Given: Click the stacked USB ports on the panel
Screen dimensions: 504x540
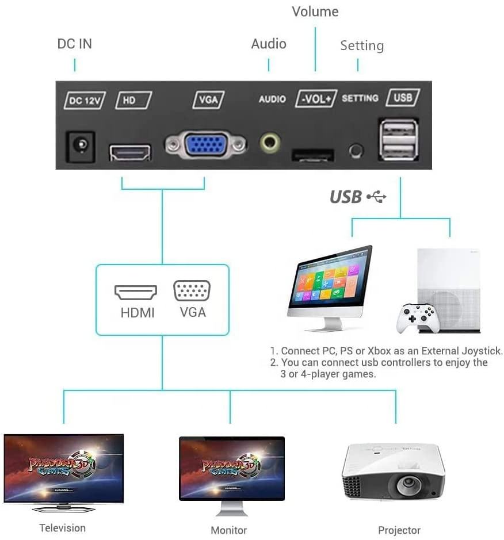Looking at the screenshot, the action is (x=398, y=140).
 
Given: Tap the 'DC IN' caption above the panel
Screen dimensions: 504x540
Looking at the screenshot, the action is (x=74, y=44).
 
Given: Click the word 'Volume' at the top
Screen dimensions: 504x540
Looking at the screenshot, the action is (x=315, y=12).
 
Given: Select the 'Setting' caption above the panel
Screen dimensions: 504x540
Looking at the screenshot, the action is (x=362, y=45).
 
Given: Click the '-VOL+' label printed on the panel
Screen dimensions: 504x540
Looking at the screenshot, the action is (x=315, y=98).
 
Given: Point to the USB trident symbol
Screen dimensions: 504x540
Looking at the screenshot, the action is (x=377, y=197).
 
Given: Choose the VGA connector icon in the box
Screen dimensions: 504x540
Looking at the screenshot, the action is (x=192, y=292).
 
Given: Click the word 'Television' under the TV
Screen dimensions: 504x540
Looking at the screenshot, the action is (x=63, y=528).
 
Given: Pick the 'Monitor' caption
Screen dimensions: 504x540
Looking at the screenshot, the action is (x=229, y=530).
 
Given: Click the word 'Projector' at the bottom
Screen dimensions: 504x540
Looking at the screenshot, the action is (x=399, y=530).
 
